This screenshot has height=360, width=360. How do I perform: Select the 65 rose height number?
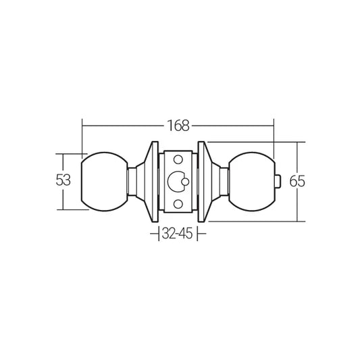tap(297, 181)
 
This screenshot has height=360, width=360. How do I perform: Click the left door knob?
tap(104, 181)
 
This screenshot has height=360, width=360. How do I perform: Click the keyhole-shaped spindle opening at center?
tap(178, 181)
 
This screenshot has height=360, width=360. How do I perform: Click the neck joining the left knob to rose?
tap(132, 181)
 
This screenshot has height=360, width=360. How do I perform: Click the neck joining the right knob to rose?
tap(225, 181)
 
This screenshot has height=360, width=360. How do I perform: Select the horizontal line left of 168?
tap(122, 125)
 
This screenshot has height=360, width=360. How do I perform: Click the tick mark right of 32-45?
tap(205, 234)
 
